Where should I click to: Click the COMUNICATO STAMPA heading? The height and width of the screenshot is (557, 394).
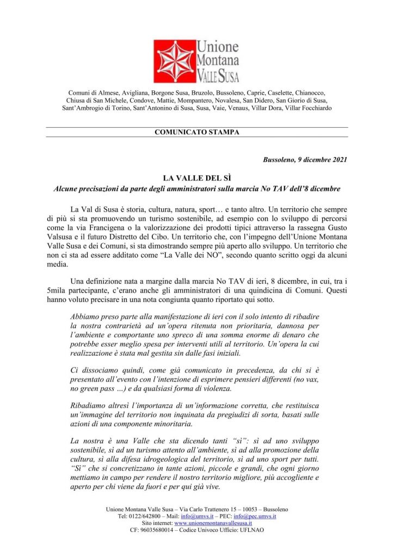tap(197, 132)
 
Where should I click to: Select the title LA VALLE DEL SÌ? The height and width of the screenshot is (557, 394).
tap(197, 178)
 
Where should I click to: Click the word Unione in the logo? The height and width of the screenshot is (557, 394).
tap(213, 47)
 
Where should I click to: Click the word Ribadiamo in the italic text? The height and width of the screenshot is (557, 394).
tap(91, 406)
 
